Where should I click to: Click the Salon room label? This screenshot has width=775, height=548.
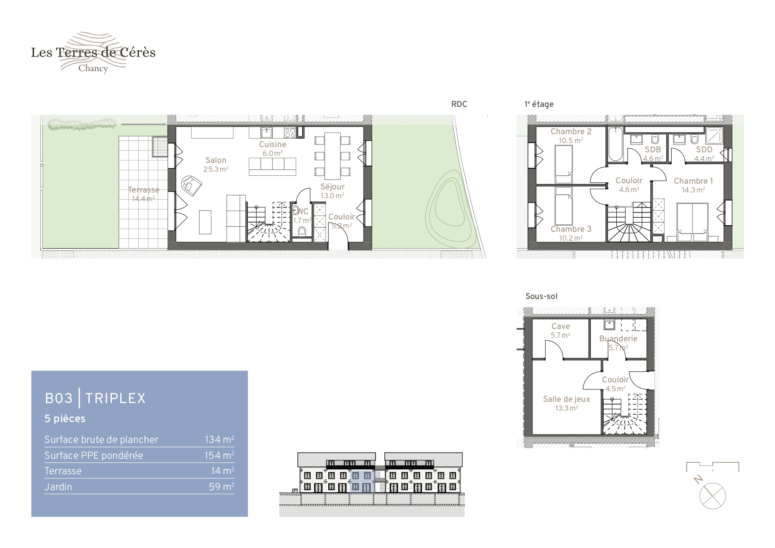[216, 160]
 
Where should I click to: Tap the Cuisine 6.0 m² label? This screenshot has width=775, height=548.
[273, 149]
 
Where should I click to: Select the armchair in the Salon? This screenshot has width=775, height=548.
[191, 185]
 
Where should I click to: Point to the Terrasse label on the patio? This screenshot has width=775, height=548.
[144, 190]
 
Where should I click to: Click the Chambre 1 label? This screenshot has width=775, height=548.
[693, 181]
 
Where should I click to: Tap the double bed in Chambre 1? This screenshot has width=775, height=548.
[693, 222]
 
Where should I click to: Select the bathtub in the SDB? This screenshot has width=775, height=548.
[615, 144]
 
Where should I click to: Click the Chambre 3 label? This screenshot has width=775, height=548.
[571, 229]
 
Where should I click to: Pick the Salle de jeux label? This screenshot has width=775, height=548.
[566, 399]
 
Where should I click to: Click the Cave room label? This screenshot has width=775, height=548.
[561, 326]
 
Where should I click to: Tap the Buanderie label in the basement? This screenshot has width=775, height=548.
[618, 339]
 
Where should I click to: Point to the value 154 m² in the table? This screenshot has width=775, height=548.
[219, 455]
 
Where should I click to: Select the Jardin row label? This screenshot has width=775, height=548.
[58, 487]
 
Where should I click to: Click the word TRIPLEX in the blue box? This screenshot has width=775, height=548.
[115, 398]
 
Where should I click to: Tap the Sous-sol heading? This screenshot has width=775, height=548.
[541, 296]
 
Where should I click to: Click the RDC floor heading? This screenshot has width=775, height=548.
[459, 104]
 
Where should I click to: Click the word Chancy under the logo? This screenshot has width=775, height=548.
[93, 68]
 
